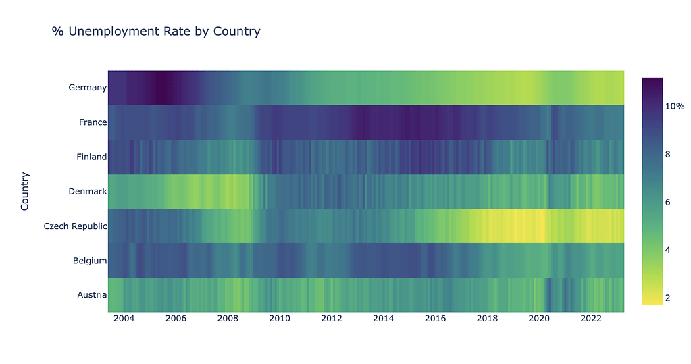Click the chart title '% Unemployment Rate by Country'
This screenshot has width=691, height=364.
tap(156, 32)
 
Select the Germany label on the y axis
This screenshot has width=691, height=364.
tap(87, 88)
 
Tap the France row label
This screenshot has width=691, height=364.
tap(93, 122)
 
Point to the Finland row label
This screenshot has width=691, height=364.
tap(91, 157)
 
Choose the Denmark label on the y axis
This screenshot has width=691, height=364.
tap(87, 192)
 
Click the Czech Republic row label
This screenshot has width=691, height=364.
tap(75, 226)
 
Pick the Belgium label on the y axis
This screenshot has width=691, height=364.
tap(90, 261)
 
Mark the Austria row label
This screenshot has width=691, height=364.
tap(91, 295)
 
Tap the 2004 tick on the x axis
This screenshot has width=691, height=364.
tap(124, 319)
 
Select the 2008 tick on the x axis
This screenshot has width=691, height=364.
tap(228, 319)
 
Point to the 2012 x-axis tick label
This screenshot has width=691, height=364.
tap(332, 319)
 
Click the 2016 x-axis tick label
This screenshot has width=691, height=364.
tap(435, 319)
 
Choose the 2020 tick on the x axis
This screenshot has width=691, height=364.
tap(539, 319)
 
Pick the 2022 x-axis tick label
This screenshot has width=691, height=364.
tap(591, 319)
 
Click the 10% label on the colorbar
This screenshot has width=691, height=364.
tap(675, 107)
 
